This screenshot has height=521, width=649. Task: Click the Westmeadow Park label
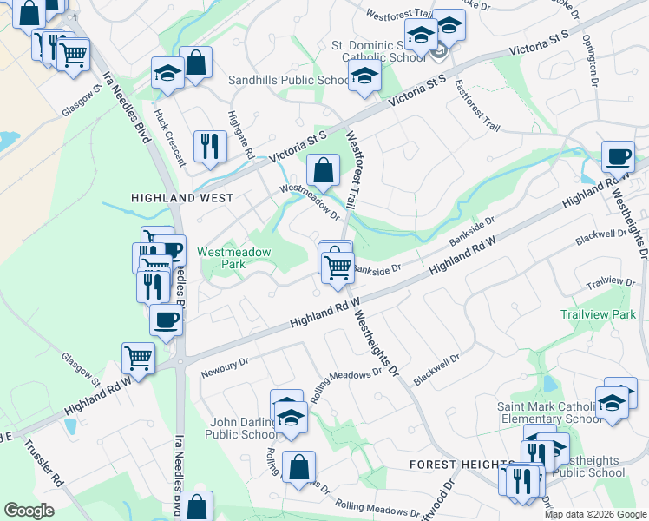pos(234,258)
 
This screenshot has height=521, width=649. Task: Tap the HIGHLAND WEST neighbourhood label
pos(181,198)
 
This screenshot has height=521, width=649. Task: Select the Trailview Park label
pos(598,314)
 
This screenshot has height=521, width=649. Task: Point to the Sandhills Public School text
pos(289,81)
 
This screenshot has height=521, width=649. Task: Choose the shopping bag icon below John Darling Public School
pos(298,467)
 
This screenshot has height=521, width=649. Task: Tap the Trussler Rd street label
pos(44,465)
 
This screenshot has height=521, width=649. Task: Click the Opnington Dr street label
pos(591,60)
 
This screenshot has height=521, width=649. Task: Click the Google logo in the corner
pos(29,511)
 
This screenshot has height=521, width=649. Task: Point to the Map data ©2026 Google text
pos(595,514)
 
